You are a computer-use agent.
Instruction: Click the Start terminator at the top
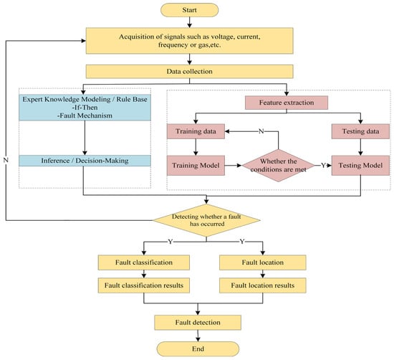pos(201,11)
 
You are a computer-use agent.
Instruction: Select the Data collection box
pos(200,72)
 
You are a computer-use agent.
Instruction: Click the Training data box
pos(195,133)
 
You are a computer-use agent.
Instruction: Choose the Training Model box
pos(195,166)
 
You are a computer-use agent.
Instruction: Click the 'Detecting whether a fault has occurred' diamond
pos(206,221)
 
